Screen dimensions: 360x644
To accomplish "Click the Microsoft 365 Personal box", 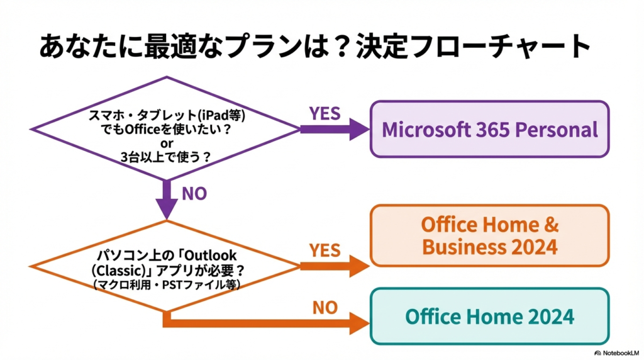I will (x=489, y=130).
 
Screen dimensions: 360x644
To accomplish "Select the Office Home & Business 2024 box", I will (x=489, y=235).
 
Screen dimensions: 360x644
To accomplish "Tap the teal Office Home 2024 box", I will (x=489, y=316).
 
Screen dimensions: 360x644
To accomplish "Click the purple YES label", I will (x=325, y=114).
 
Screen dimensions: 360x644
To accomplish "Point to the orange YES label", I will (x=325, y=250).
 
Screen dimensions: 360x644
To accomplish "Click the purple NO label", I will (x=194, y=194).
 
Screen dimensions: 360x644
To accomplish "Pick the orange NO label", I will (x=325, y=308).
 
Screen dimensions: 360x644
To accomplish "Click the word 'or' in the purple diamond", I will (x=167, y=143).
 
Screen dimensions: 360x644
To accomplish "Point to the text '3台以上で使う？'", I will (x=166, y=158).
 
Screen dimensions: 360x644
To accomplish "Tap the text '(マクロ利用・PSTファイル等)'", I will (x=165, y=285).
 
